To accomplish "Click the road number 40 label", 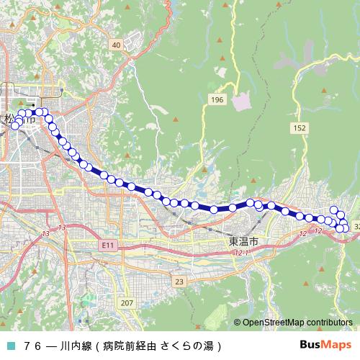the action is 116,45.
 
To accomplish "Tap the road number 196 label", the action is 217,98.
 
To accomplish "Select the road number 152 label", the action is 300,127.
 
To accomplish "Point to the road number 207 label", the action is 127,302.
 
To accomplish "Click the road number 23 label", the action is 179,281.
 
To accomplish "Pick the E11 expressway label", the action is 108,246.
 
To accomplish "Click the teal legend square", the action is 10,346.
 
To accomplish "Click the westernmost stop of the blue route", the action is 15,126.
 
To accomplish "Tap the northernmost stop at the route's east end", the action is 333,210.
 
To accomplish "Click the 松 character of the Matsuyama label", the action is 9,120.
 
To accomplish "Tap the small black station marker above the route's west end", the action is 33,105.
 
